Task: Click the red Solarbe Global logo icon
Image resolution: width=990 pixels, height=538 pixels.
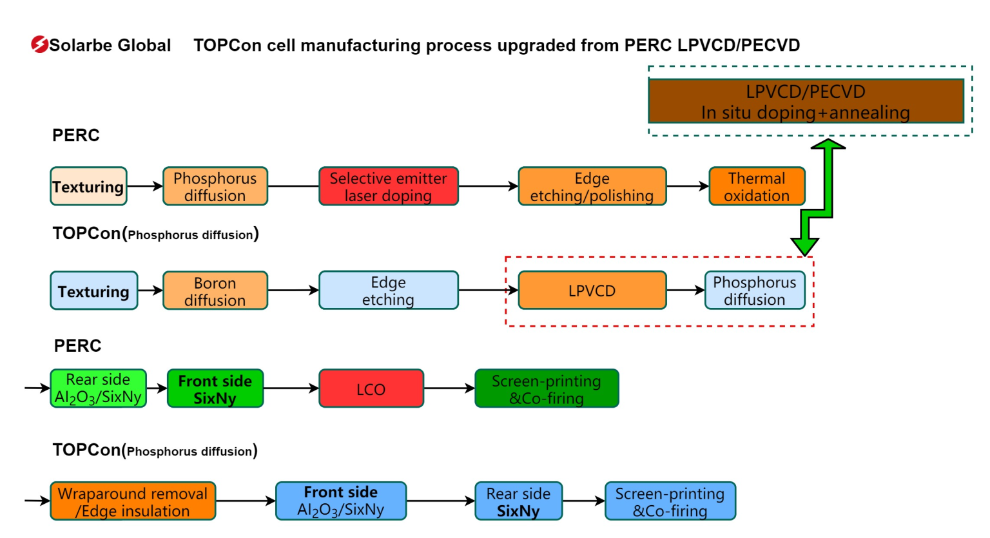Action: click(39, 44)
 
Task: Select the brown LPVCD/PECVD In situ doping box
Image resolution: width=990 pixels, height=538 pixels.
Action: click(806, 101)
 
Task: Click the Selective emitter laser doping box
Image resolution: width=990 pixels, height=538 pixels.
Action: click(388, 187)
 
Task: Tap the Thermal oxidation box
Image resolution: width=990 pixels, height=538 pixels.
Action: click(757, 187)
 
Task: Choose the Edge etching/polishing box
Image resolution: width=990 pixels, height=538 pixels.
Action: click(592, 187)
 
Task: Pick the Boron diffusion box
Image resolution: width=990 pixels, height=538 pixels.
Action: click(215, 291)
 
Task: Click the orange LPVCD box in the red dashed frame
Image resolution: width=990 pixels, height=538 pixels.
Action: click(592, 291)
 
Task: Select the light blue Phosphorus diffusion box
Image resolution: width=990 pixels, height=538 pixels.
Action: click(754, 291)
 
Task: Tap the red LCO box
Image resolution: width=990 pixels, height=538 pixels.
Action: click(371, 389)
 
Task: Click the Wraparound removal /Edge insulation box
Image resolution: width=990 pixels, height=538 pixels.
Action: click(133, 501)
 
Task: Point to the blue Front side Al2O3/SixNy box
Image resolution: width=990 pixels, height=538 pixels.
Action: click(341, 501)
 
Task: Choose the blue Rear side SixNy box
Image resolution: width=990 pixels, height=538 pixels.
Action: click(518, 501)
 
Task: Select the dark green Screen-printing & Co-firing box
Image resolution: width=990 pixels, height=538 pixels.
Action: click(547, 389)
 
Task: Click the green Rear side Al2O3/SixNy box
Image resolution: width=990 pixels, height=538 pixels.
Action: click(98, 389)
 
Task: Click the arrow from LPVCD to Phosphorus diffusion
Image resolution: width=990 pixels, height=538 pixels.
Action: click(686, 291)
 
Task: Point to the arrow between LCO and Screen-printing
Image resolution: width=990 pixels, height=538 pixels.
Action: click(449, 389)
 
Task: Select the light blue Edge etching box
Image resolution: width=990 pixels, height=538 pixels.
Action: click(388, 291)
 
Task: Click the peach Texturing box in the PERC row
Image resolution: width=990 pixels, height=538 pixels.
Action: click(88, 187)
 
